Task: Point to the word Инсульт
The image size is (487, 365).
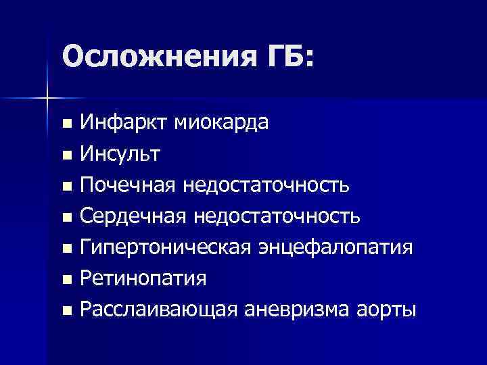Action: click(x=120, y=153)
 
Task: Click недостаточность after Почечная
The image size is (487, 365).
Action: click(x=271, y=185)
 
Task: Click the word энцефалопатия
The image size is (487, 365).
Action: click(x=334, y=247)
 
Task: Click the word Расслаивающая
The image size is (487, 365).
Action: click(x=158, y=310)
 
